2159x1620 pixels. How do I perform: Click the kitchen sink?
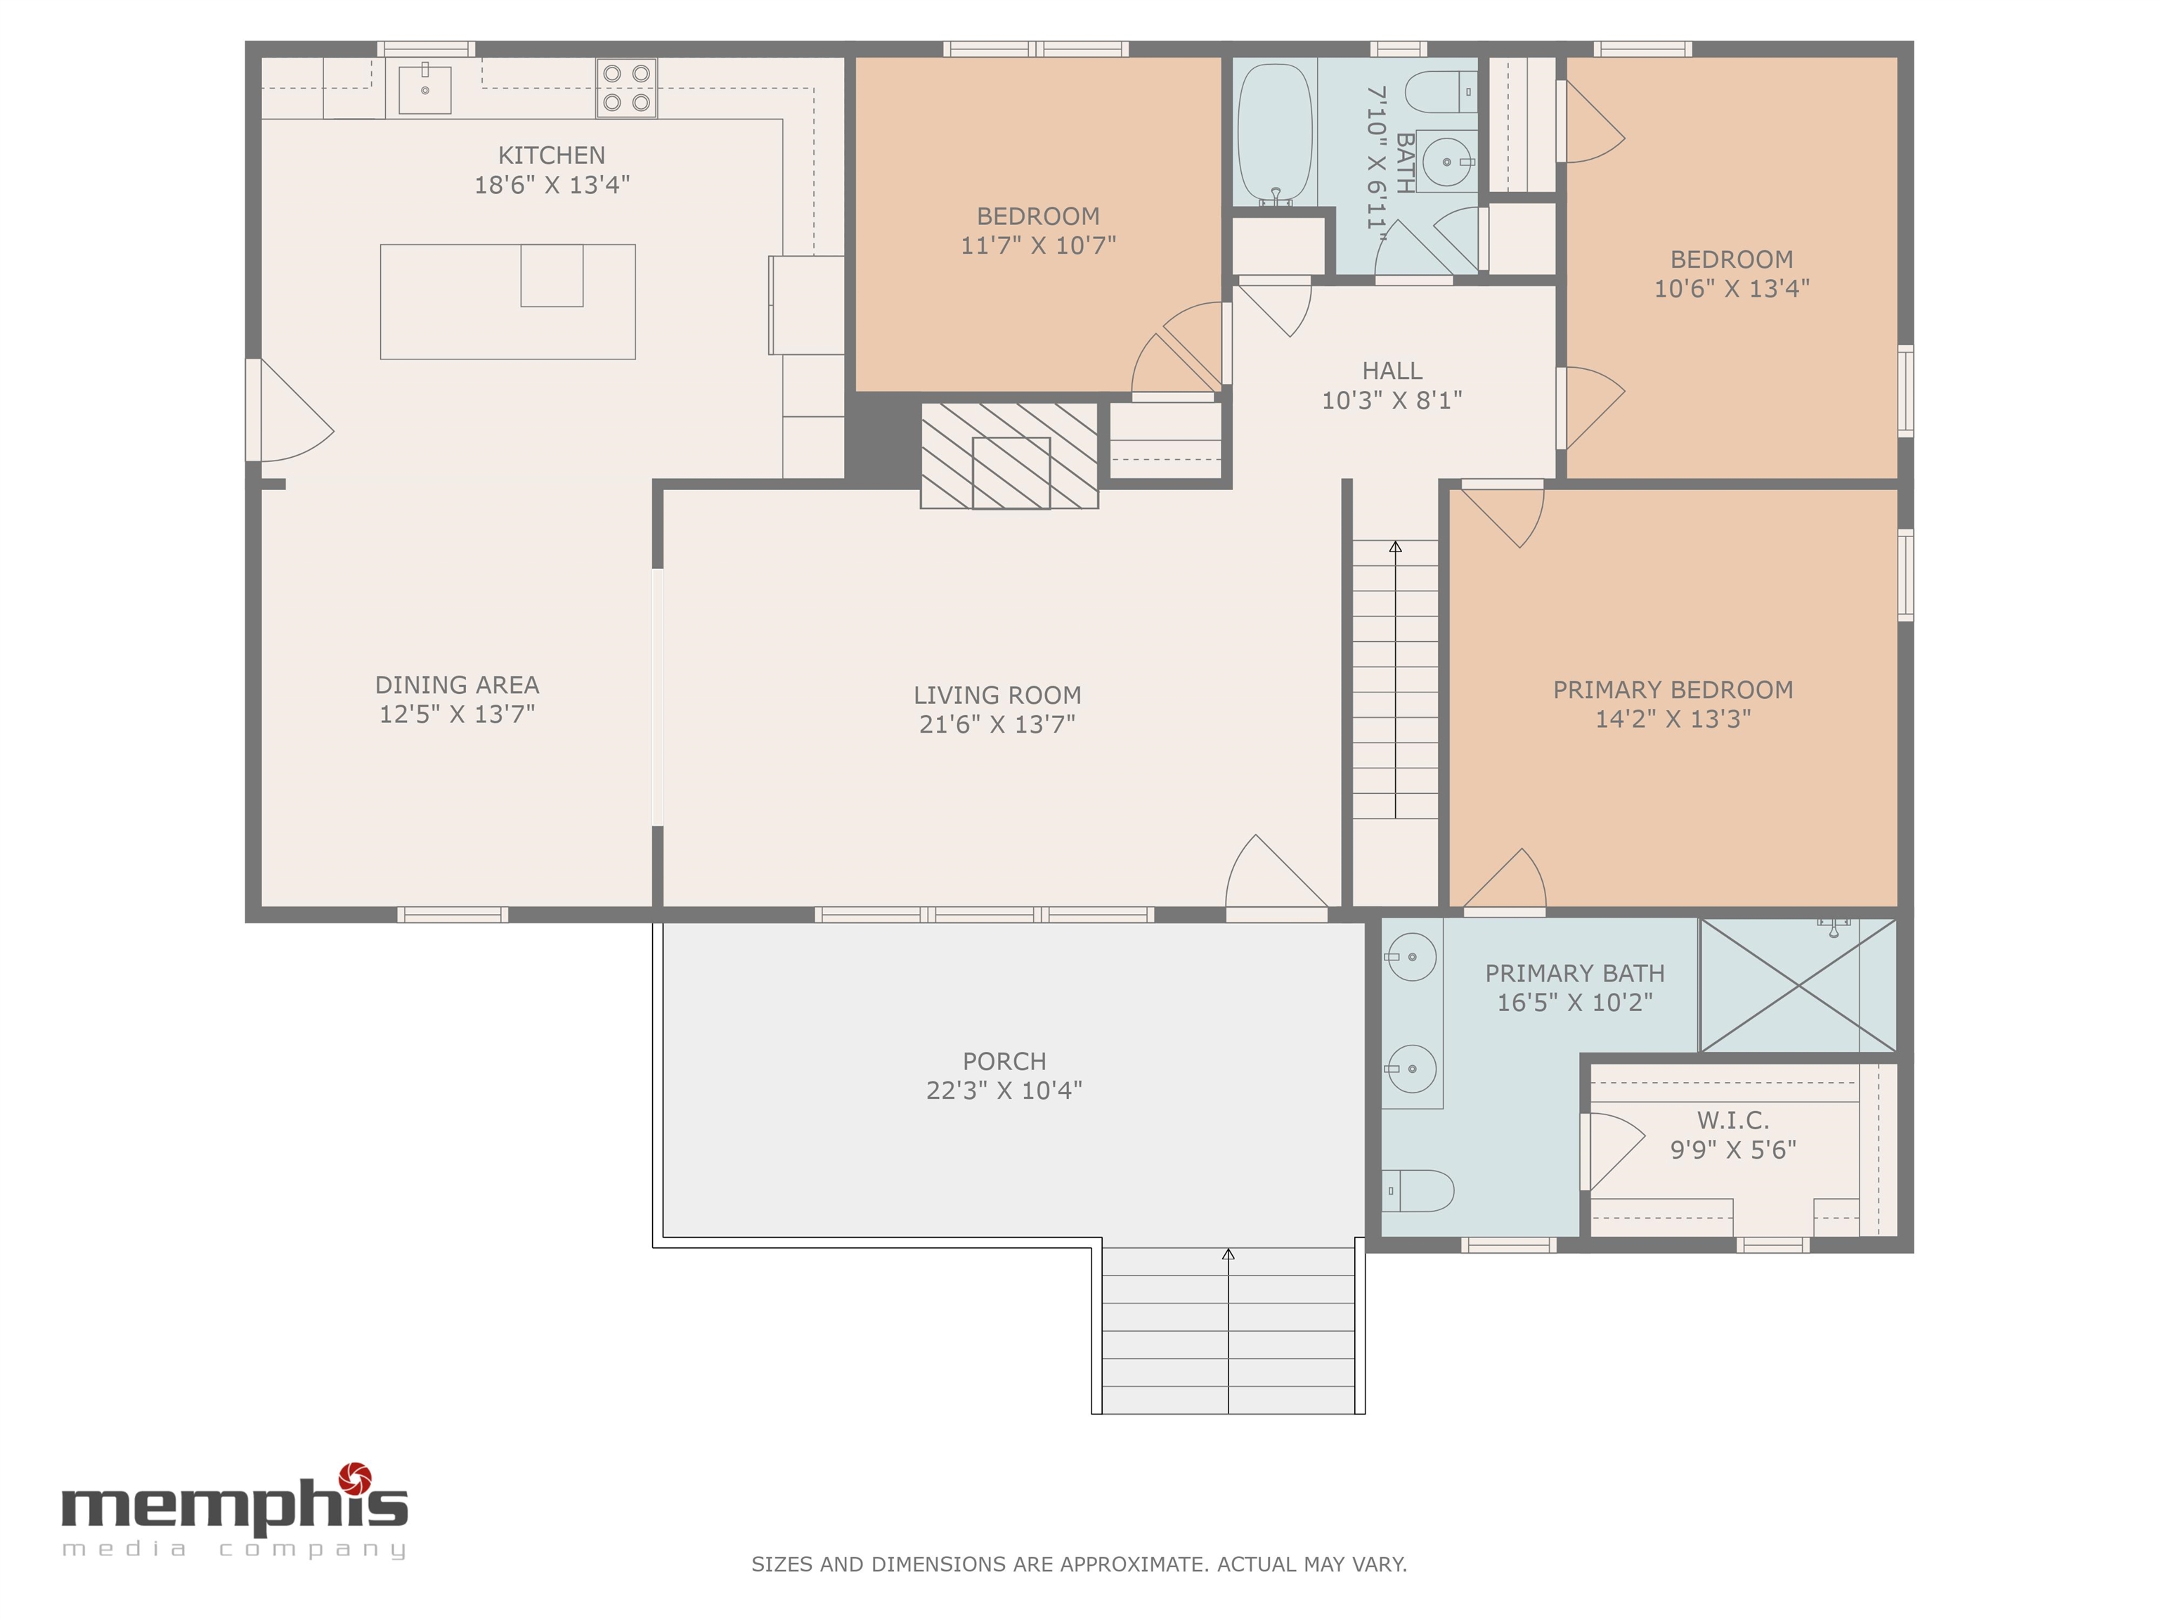point(424,89)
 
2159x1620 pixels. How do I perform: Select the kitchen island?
point(507,302)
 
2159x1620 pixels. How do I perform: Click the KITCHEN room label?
point(552,155)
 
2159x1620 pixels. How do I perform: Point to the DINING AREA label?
point(457,686)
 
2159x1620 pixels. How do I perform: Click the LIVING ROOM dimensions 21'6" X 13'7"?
point(997,724)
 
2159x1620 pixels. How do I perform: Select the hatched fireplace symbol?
point(1009,455)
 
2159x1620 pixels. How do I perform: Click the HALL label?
point(1392,371)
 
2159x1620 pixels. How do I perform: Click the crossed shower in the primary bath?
point(1798,985)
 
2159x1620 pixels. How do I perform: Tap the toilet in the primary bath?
point(1418,1190)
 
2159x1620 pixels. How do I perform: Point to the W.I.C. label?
point(1732,1121)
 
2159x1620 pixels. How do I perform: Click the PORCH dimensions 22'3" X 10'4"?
point(1004,1091)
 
